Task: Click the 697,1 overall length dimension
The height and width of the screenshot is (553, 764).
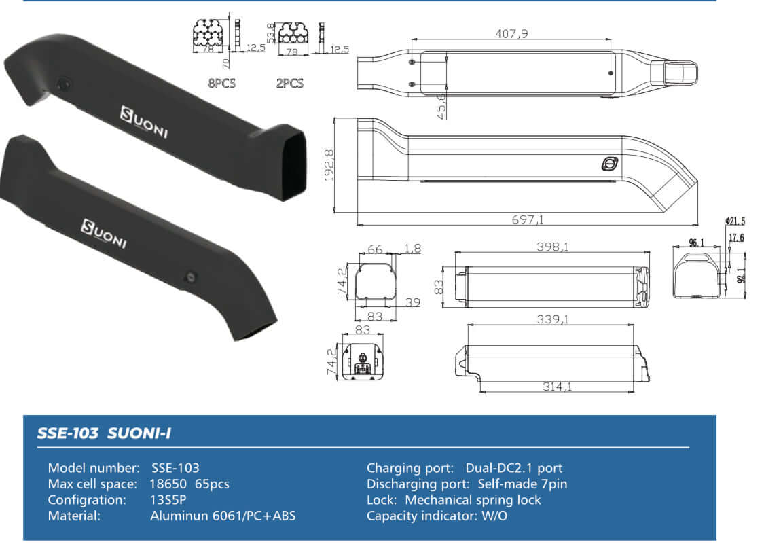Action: [x=528, y=219]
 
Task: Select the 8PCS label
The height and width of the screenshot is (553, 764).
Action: [x=222, y=84]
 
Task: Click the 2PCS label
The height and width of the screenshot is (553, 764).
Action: [x=289, y=84]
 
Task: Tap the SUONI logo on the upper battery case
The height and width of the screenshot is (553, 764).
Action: [x=143, y=122]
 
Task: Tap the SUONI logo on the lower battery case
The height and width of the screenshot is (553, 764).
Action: [x=103, y=234]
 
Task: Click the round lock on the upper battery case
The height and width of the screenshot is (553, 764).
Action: [x=63, y=85]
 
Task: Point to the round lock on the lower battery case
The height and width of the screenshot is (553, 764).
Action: [x=192, y=277]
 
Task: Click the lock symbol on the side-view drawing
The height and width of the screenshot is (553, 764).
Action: [x=609, y=164]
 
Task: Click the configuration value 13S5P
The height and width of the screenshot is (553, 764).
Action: [x=168, y=500]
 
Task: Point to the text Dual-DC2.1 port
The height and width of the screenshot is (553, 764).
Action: [x=513, y=468]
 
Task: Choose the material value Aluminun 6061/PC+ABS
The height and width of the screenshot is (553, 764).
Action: [x=223, y=516]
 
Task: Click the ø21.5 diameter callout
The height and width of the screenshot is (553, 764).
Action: [x=735, y=221]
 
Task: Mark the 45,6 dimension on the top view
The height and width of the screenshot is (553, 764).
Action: [x=442, y=107]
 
